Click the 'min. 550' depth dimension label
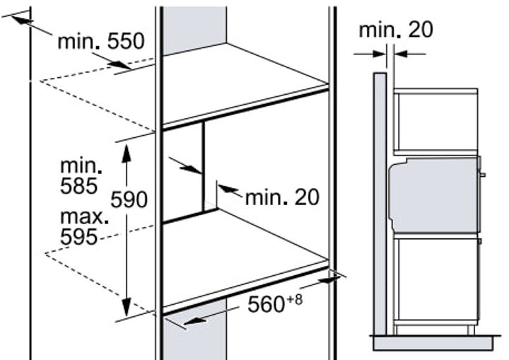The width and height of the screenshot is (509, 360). [x=100, y=41]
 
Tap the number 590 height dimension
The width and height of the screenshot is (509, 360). [x=129, y=199]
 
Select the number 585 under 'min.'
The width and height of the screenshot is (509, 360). [x=79, y=186]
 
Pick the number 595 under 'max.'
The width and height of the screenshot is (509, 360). [x=79, y=236]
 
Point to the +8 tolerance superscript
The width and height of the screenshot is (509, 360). [x=295, y=300]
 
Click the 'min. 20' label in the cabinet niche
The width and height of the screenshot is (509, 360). [x=282, y=197]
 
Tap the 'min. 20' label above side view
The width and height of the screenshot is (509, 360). [x=396, y=29]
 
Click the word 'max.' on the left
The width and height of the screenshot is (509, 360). [x=84, y=216]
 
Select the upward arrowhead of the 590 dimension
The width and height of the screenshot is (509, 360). [x=127, y=152]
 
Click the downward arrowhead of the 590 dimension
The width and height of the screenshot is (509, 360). [x=127, y=306]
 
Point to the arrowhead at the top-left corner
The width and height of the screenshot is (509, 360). [x=22, y=20]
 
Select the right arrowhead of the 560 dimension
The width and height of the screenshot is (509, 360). [x=329, y=280]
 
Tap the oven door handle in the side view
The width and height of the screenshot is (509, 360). [x=483, y=175]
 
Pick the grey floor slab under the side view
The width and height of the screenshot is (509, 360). [x=434, y=344]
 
